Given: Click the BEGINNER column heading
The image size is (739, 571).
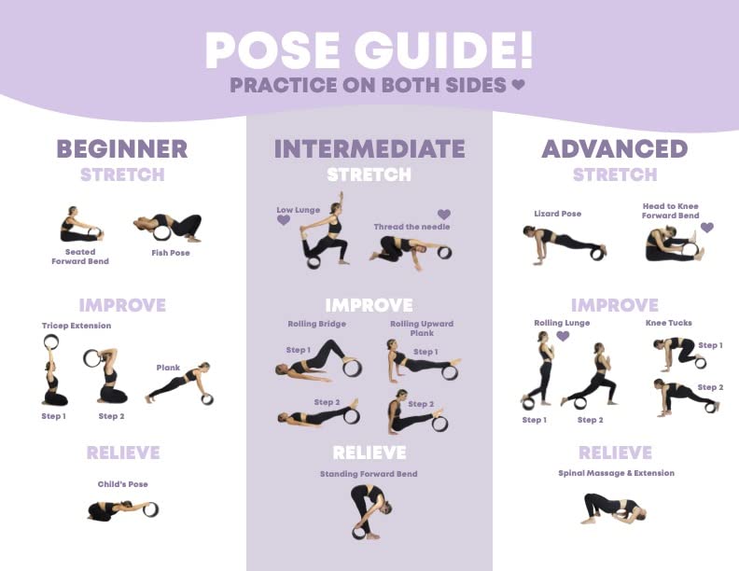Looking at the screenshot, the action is [122, 149].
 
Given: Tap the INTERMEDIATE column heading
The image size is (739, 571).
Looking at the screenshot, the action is [369, 149].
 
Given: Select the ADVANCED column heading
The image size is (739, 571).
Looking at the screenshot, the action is [615, 149].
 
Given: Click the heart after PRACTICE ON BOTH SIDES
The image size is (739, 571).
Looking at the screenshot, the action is [518, 85].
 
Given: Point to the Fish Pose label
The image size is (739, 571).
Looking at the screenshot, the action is [171, 253].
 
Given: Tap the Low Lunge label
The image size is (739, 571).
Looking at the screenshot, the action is [299, 210].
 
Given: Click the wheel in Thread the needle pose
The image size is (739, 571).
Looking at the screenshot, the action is [444, 252].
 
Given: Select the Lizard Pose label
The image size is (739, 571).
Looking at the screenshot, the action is [558, 214].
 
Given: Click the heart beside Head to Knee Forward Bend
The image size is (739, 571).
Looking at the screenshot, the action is [707, 228].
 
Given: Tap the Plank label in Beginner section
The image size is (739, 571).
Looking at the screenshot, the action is [168, 368].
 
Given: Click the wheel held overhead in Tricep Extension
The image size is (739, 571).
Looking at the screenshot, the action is [51, 342].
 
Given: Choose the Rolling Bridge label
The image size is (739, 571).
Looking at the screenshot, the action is [316, 324].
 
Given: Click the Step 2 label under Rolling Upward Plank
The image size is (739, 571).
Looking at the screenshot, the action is [421, 404].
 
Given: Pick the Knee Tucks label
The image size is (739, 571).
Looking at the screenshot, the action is [669, 323].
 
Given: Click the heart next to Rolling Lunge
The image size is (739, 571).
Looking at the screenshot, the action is [563, 336].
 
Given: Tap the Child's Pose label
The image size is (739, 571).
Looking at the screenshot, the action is [123, 484].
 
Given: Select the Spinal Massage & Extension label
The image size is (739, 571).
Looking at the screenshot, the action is [616, 473].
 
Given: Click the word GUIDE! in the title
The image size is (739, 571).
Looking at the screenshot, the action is [444, 51].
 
